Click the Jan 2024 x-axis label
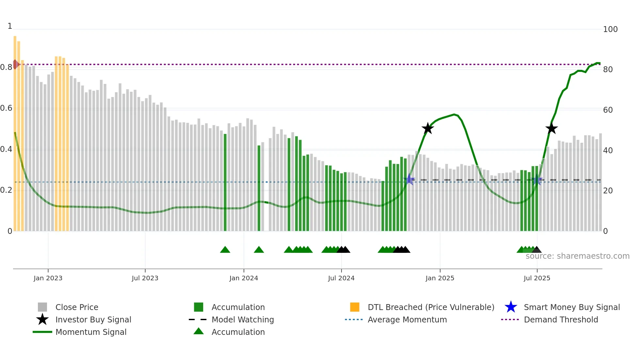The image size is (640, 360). [244, 278]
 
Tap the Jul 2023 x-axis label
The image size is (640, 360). [145, 278]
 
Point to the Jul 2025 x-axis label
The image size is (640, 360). [537, 278]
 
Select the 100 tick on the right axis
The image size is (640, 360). [610, 29]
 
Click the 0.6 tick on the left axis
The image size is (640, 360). [6, 108]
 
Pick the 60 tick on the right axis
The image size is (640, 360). [608, 110]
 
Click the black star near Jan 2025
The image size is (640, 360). [427, 128]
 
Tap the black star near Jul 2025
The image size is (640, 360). [551, 128]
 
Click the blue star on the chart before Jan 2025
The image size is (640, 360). [409, 179]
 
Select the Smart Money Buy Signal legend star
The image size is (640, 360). [511, 307]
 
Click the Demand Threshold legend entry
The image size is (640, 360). [561, 319]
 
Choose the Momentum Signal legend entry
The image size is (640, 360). [91, 332]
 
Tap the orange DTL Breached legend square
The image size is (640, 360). [355, 307]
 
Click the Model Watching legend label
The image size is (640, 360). [243, 319]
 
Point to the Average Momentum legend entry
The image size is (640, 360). [407, 319]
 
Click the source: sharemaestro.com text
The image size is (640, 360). [577, 256]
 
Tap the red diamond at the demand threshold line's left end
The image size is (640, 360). [15, 64]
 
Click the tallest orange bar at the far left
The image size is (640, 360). [15, 131]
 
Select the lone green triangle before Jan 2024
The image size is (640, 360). [225, 250]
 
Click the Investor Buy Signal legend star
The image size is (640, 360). [42, 319]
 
